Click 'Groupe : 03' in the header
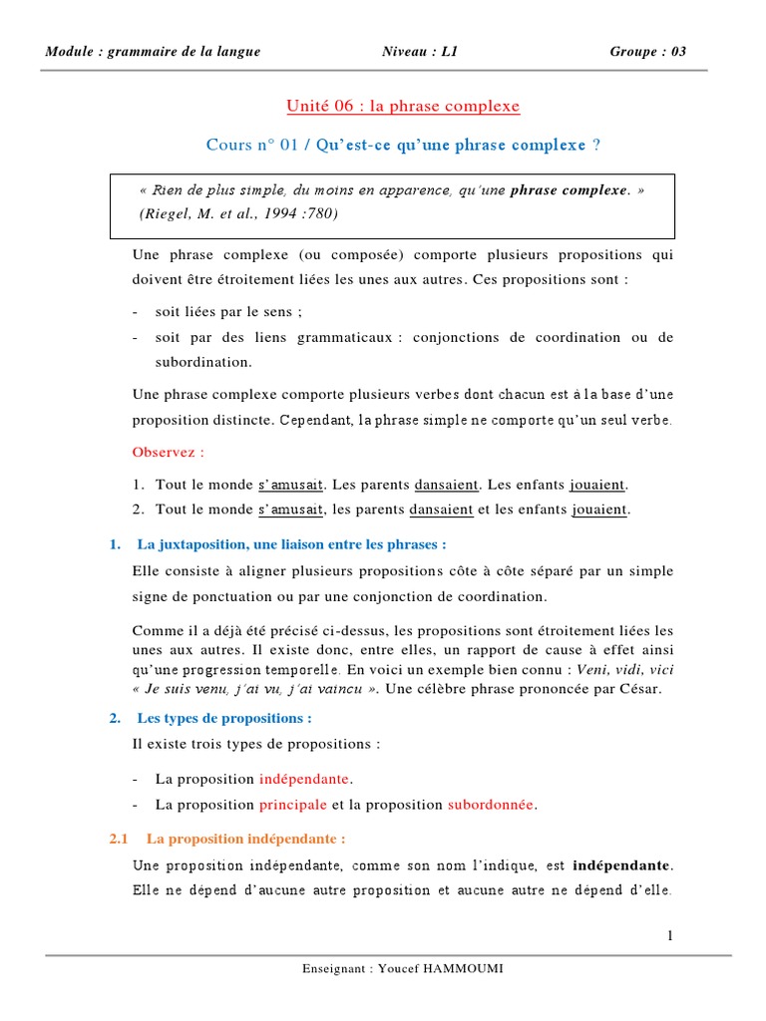[x=647, y=52]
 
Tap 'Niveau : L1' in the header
[x=420, y=52]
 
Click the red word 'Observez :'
[x=168, y=452]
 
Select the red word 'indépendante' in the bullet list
[x=306, y=778]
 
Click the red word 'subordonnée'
[x=491, y=805]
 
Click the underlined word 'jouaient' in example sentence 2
[x=598, y=510]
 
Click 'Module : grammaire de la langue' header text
[x=153, y=52]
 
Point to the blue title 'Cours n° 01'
[x=253, y=145]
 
